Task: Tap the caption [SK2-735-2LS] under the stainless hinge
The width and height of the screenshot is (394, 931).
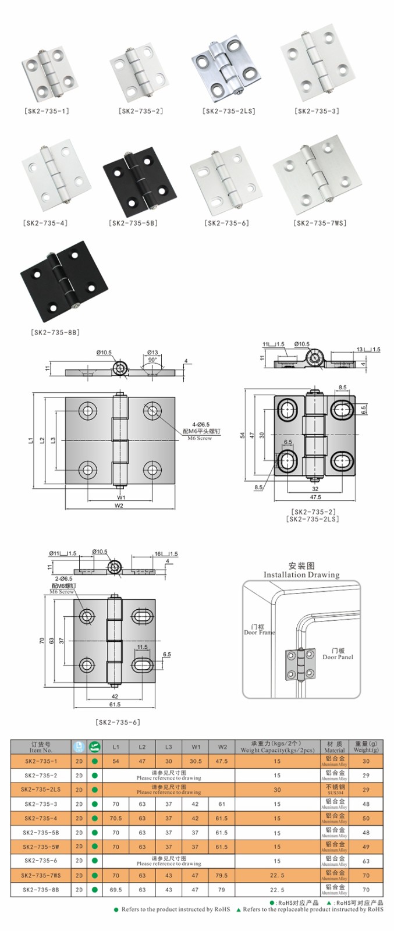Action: [x=229, y=111]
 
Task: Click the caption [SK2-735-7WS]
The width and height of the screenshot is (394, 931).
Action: [x=320, y=223]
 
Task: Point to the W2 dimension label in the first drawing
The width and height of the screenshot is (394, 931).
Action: [x=119, y=506]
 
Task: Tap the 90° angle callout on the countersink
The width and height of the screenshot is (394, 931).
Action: [x=152, y=360]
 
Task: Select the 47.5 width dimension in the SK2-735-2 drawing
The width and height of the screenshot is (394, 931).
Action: [x=315, y=498]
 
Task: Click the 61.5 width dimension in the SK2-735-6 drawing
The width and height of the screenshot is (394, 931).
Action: [x=115, y=705]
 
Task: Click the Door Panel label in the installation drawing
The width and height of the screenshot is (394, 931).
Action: [x=338, y=654]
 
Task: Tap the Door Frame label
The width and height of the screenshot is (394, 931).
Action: [x=258, y=630]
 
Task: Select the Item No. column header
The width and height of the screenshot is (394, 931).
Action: [x=41, y=747]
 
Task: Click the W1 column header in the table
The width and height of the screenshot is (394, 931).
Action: [x=195, y=747]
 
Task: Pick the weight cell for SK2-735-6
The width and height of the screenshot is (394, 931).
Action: [x=366, y=861]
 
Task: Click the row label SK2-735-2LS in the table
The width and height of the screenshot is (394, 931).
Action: [x=41, y=790]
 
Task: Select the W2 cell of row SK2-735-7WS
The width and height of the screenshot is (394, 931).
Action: [x=222, y=875]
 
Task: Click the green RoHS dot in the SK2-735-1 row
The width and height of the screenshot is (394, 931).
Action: [x=94, y=761]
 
